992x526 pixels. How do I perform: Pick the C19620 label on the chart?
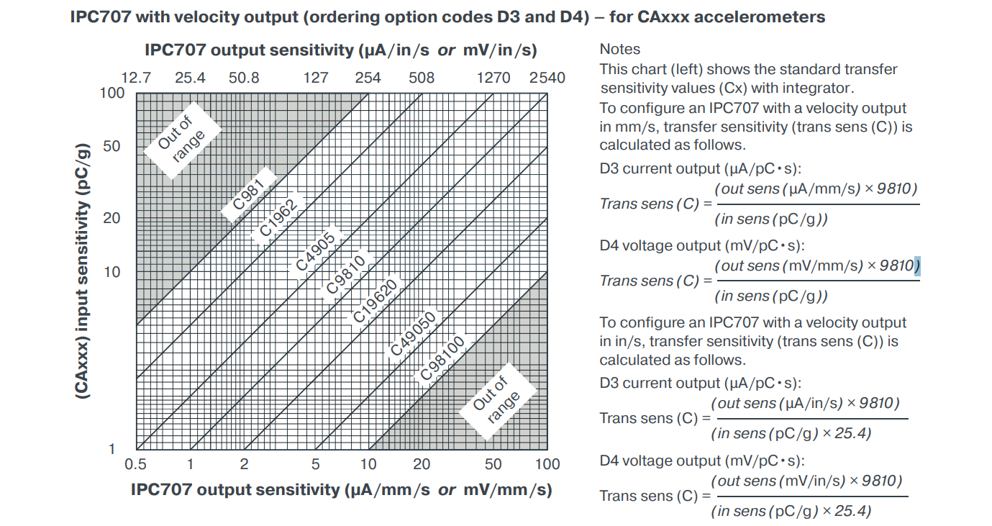[x=375, y=302]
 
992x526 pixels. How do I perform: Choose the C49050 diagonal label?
[x=413, y=334]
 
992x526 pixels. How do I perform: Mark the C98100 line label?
[x=442, y=359]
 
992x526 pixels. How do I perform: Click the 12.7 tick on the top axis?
[x=136, y=78]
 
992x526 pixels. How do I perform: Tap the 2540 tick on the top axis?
[x=547, y=78]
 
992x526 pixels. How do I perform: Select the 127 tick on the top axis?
[x=316, y=78]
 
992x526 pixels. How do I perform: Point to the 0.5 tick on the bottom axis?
[x=136, y=464]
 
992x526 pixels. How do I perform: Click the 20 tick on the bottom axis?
[x=422, y=464]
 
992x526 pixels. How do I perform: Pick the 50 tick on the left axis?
[x=112, y=147]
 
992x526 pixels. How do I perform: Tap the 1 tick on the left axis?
[x=112, y=450]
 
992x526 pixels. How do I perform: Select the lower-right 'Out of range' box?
[x=496, y=402]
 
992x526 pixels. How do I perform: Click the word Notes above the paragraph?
[x=620, y=49]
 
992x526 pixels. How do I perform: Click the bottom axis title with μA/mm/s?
[x=341, y=490]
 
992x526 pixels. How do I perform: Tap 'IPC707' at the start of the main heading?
[x=101, y=17]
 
